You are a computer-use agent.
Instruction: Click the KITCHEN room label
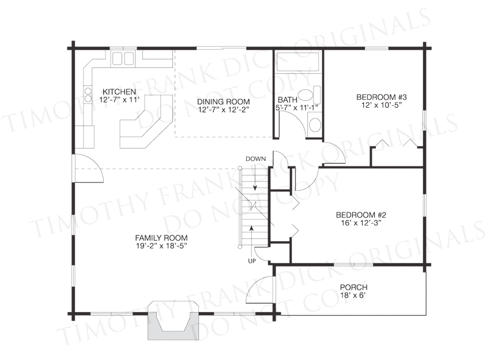(x=119, y=92)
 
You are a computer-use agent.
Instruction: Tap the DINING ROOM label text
(x=224, y=102)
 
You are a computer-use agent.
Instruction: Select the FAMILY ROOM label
(x=161, y=238)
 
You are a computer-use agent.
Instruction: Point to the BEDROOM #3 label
(x=381, y=97)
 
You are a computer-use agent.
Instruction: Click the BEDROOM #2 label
(x=361, y=215)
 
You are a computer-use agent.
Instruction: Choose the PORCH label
(x=354, y=287)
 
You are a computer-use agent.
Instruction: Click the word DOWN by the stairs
(x=255, y=159)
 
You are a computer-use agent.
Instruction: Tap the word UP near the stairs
(x=252, y=261)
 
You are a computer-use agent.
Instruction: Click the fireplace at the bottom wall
(x=173, y=320)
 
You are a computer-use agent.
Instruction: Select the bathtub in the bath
(x=298, y=62)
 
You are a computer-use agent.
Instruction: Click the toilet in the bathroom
(x=309, y=95)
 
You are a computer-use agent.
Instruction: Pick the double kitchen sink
(x=123, y=58)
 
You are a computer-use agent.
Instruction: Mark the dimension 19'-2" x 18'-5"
(x=161, y=246)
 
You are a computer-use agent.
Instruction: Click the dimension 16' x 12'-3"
(x=361, y=223)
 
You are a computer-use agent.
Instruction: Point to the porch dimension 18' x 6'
(x=354, y=295)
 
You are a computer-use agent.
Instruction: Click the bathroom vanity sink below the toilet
(x=315, y=124)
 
